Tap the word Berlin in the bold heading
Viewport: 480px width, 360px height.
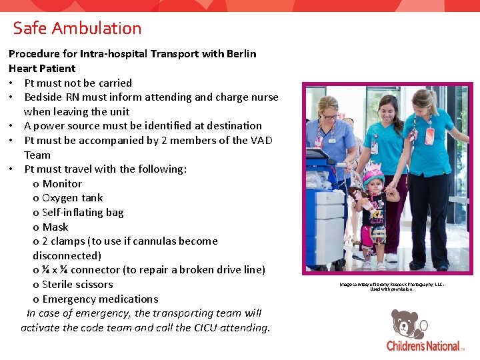pos(237,53)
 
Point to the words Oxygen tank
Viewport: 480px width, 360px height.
pos(72,197)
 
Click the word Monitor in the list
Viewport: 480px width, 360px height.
pos(62,183)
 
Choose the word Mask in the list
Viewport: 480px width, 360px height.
pos(55,227)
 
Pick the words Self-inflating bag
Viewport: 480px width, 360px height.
pos(83,212)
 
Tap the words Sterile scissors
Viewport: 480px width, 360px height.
pos(77,284)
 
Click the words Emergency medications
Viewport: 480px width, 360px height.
pos(100,299)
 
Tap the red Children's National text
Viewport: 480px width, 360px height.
pos(423,345)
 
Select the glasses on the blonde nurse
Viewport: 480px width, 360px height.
pos(329,116)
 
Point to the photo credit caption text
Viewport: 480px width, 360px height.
pos(391,286)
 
